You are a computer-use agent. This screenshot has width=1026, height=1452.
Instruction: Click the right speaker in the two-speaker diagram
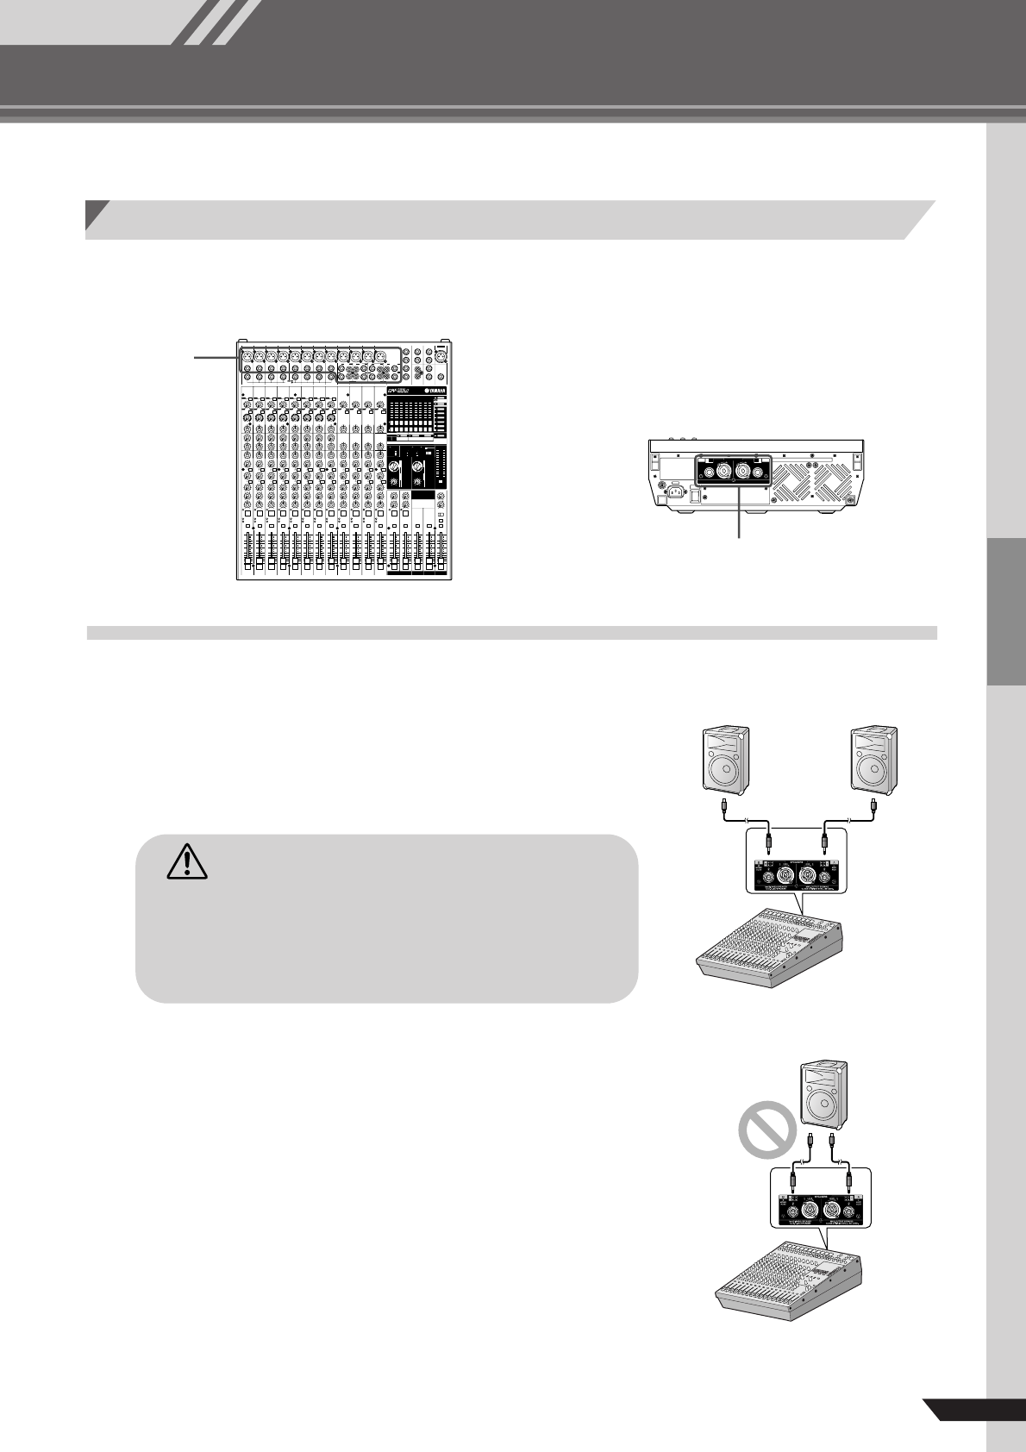click(874, 760)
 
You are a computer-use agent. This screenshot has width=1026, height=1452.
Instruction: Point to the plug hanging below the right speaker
click(874, 808)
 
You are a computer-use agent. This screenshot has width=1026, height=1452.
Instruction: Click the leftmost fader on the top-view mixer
click(248, 553)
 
